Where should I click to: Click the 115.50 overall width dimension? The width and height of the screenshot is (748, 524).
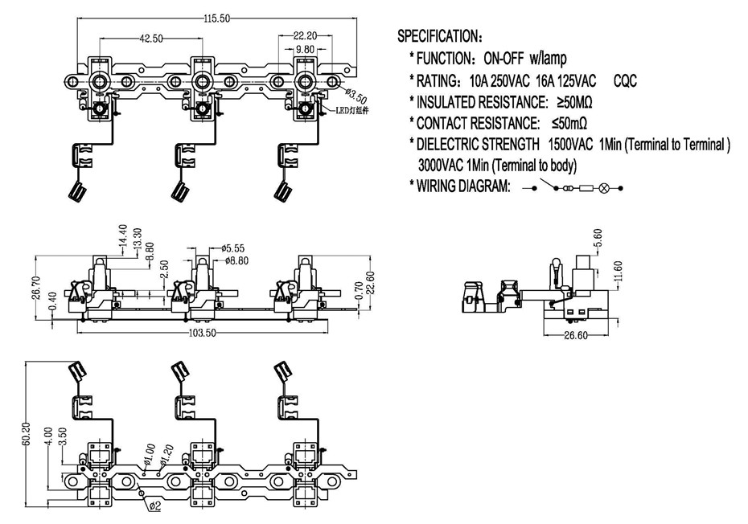217,18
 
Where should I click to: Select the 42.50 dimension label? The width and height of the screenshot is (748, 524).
150,39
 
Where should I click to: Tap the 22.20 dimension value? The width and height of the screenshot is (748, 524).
306,35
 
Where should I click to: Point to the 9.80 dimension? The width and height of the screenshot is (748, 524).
306,49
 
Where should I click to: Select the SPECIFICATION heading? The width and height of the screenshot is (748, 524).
440,35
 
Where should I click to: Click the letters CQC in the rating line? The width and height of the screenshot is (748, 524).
625,80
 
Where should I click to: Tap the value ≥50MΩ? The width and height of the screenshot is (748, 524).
574,102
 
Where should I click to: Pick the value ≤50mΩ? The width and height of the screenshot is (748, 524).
569,124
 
